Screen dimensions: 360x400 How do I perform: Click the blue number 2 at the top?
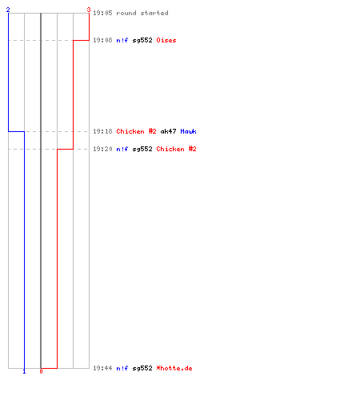[x=8, y=10]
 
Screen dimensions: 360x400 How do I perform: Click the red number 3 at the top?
[x=89, y=10]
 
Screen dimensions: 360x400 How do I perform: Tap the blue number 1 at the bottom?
[x=24, y=371]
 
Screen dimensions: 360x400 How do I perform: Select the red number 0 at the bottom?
[x=41, y=371]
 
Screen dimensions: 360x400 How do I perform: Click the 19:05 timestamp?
[x=102, y=13]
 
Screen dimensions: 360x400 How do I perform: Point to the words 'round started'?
[x=142, y=13]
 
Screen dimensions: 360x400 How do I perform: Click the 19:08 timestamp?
[x=102, y=40]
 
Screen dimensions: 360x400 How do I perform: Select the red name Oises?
[x=166, y=40]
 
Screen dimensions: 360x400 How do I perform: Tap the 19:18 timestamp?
[x=102, y=131]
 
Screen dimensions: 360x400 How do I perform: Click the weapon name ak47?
[x=168, y=131]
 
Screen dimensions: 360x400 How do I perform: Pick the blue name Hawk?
[x=188, y=131]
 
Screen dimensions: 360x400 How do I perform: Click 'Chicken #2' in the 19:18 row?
[x=136, y=131]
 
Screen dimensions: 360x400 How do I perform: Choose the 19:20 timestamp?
[x=102, y=149]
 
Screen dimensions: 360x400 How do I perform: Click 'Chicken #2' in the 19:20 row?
[x=176, y=149]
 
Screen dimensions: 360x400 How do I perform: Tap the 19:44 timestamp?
[x=102, y=368]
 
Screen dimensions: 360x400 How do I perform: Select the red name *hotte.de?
[x=174, y=368]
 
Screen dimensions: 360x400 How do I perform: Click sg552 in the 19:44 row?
[x=142, y=368]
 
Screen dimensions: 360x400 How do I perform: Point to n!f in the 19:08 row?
[x=122, y=40]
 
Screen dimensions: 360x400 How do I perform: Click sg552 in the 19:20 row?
[x=142, y=149]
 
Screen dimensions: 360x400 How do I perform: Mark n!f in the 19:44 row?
[x=122, y=368]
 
